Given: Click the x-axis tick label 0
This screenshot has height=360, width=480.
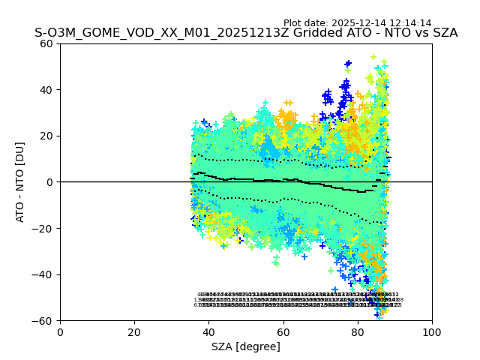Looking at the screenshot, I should pos(60,332).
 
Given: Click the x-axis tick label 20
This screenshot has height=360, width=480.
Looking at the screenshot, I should pos(134,332).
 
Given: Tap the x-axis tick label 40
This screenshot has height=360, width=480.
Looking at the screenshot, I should pos(208,332).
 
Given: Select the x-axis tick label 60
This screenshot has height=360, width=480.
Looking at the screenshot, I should pos(283,332).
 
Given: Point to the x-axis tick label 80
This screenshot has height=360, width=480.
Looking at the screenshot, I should pos(358,332).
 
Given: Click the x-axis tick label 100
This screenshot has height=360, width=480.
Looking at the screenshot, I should pos(432,332).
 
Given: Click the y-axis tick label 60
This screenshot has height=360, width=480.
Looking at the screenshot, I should pos(46,43).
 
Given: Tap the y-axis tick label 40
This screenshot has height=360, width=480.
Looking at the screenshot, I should pos(46,90).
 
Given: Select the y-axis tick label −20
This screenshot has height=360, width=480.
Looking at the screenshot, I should pos(43,229).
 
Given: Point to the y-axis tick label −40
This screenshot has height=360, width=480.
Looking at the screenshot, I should pos(43,274).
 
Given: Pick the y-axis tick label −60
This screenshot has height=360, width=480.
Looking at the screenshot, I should pos(43,321).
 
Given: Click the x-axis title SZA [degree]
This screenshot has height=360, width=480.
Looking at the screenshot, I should pos(246,346).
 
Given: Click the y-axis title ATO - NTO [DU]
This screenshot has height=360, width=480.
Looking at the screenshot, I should pos(20,182).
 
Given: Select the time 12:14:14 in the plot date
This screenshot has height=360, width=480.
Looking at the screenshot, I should pos(409,23).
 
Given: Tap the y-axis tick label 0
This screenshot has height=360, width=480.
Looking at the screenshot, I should pos(50,182).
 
